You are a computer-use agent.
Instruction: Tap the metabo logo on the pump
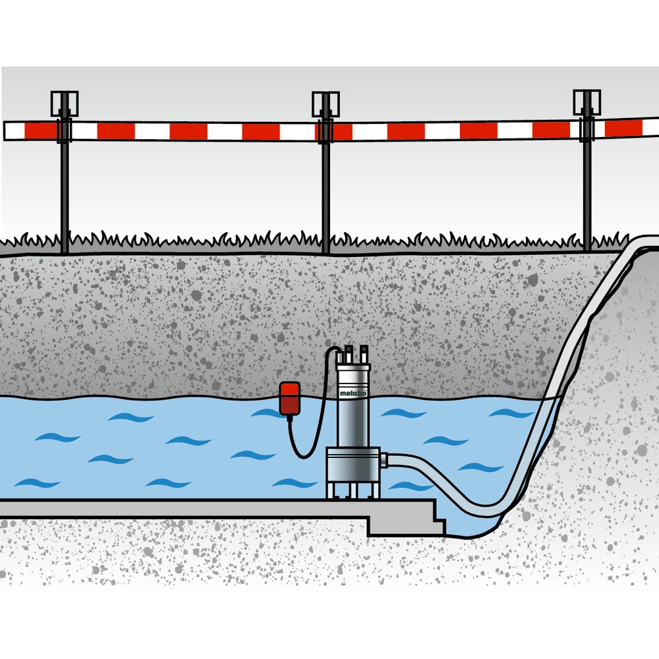click(x=353, y=393)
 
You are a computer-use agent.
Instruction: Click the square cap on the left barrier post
click(x=65, y=103)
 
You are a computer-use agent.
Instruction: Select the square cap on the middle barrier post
click(x=326, y=104)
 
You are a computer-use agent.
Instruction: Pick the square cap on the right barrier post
click(x=587, y=102)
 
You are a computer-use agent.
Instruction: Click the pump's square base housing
click(x=353, y=465)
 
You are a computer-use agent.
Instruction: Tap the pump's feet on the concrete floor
click(x=353, y=490)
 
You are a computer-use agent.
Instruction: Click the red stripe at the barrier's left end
click(x=41, y=130)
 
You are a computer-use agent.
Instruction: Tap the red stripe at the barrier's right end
click(x=623, y=129)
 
